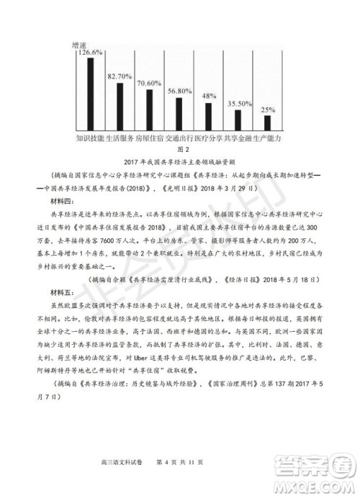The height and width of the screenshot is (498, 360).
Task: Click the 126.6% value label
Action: pos(90,53)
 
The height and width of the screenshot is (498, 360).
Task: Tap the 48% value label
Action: pos(209,96)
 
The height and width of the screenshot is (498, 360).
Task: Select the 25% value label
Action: pos(268,110)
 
